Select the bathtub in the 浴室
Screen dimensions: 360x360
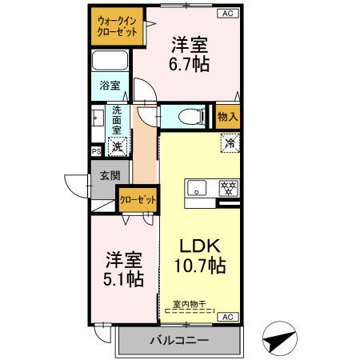(110, 62)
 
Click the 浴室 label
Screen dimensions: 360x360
(110, 84)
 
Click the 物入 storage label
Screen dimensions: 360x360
(227, 116)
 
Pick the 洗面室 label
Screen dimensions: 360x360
(118, 119)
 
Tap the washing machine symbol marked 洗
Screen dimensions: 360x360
(118, 146)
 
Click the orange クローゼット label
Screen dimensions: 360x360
(137, 200)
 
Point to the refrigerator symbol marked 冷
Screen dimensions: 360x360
(230, 145)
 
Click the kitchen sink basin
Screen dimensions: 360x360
(197, 190)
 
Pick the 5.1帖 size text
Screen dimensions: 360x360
(125, 279)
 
